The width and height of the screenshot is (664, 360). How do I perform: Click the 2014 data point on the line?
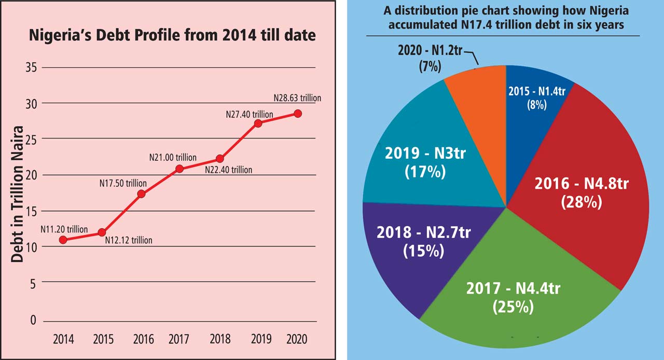(63, 240)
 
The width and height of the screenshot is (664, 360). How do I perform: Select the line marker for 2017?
(179, 169)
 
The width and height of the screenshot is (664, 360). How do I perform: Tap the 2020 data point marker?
(297, 114)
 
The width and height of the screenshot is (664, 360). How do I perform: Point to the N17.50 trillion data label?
(123, 183)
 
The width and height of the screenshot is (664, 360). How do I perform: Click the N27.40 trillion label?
(250, 113)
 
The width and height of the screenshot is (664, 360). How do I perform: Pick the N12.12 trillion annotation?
(129, 240)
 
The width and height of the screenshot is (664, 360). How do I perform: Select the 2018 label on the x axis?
(220, 339)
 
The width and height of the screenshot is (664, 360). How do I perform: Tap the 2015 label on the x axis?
(104, 339)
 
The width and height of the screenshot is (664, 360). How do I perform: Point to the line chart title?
(172, 36)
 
